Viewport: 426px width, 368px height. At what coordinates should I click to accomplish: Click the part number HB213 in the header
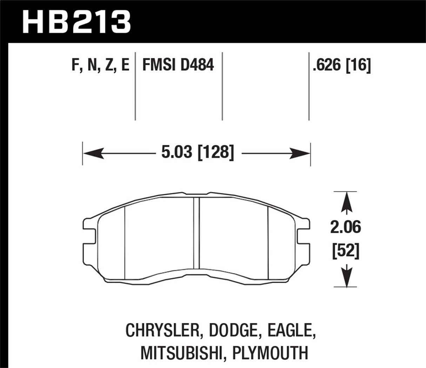(x=76, y=22)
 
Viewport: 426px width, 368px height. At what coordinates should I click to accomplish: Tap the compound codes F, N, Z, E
(x=100, y=66)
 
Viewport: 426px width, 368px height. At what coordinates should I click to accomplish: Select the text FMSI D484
(x=178, y=66)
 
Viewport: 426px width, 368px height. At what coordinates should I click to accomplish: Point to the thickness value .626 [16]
(x=341, y=66)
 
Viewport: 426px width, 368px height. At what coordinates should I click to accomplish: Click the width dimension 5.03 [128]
(x=197, y=153)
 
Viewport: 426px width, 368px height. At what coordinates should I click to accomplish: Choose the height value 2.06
(x=345, y=228)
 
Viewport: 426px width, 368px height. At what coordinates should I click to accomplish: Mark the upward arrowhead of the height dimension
(x=347, y=201)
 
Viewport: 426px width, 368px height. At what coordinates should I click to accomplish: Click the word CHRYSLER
(x=163, y=331)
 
